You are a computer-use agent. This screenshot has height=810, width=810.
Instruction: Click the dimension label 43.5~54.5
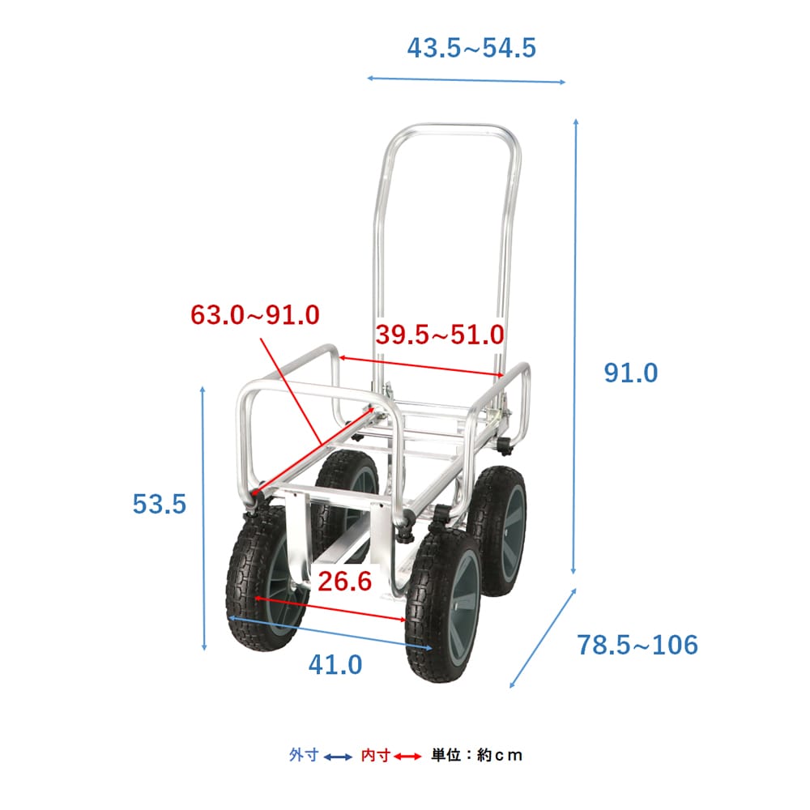pyautogui.click(x=471, y=48)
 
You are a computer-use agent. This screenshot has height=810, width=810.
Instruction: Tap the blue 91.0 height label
pyautogui.click(x=631, y=373)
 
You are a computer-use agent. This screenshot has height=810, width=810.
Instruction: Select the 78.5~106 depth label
pyautogui.click(x=637, y=645)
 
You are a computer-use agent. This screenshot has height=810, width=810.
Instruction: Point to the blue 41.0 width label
pyautogui.click(x=335, y=665)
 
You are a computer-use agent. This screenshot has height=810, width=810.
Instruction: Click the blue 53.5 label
pyautogui.click(x=159, y=504)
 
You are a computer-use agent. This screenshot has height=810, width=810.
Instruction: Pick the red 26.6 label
pyautogui.click(x=344, y=581)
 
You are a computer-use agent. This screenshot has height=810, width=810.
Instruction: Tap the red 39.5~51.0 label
pyautogui.click(x=440, y=335)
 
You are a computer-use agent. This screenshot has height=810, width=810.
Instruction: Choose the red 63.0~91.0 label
pyautogui.click(x=255, y=314)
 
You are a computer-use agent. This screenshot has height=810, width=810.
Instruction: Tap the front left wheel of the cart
pyautogui.click(x=262, y=578)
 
